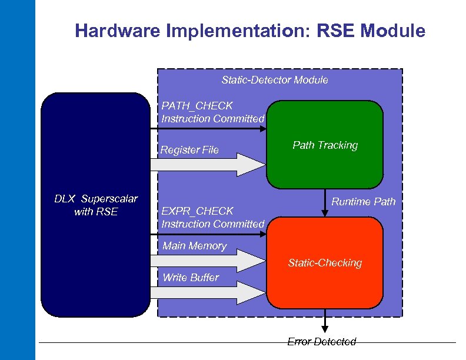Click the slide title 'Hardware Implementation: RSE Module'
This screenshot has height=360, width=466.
tap(250, 31)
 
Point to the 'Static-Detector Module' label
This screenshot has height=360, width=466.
tap(275, 79)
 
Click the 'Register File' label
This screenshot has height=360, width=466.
tap(189, 150)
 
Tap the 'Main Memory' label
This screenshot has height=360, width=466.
tap(194, 246)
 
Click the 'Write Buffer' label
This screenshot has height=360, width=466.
tap(190, 277)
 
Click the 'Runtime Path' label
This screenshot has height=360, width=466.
tap(364, 202)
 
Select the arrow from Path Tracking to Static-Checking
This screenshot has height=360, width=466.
tap(325, 203)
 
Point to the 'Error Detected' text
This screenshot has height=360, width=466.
tap(322, 342)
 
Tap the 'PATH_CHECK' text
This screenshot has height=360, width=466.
tap(197, 106)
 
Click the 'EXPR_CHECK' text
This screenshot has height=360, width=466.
tap(198, 211)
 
